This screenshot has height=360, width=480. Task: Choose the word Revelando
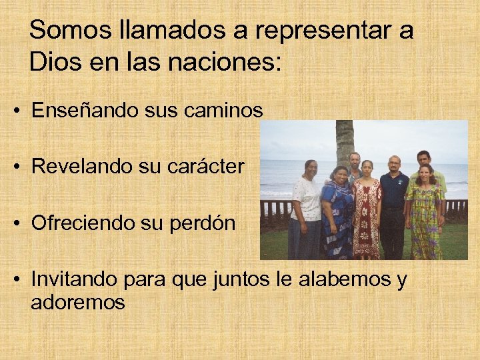(x=82, y=166)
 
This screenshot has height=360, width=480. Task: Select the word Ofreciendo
(x=83, y=223)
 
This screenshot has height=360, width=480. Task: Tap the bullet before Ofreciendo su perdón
(x=15, y=223)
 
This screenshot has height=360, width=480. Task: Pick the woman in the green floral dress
(x=425, y=213)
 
